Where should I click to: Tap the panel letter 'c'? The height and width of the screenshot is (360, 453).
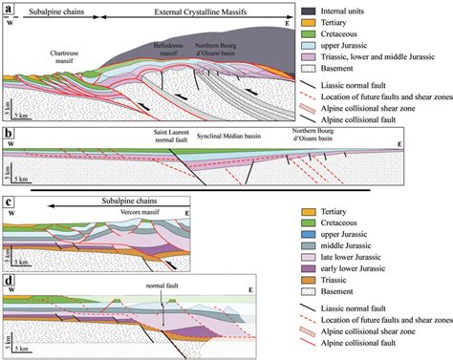click(x=9, y=201)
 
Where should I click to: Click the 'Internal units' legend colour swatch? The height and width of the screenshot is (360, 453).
click(x=308, y=11)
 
